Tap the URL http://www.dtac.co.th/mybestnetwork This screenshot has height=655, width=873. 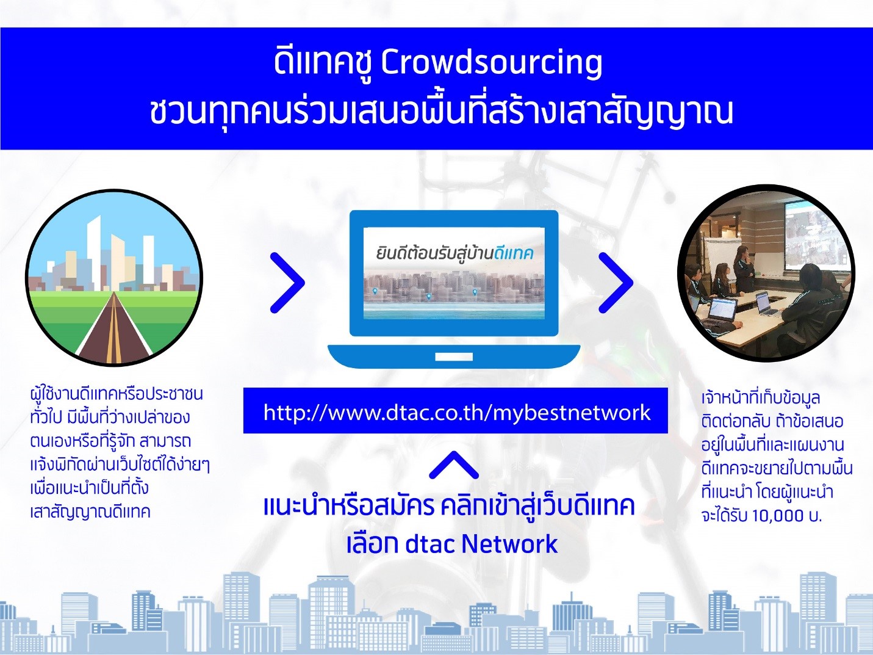[457, 413]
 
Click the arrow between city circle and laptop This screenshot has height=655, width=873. [287, 282]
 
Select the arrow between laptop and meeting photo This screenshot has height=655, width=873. [616, 282]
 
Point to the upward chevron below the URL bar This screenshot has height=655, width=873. [454, 465]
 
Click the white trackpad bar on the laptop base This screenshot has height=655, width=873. [454, 356]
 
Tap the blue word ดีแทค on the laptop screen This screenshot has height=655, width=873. [512, 254]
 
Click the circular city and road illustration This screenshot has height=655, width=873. [114, 277]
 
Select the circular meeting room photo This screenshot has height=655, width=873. [766, 273]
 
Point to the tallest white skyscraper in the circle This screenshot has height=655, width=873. [95, 253]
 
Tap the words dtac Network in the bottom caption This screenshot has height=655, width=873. [481, 544]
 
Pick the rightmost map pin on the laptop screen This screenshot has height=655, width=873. [475, 292]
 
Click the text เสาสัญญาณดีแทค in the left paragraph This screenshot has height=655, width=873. [90, 512]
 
